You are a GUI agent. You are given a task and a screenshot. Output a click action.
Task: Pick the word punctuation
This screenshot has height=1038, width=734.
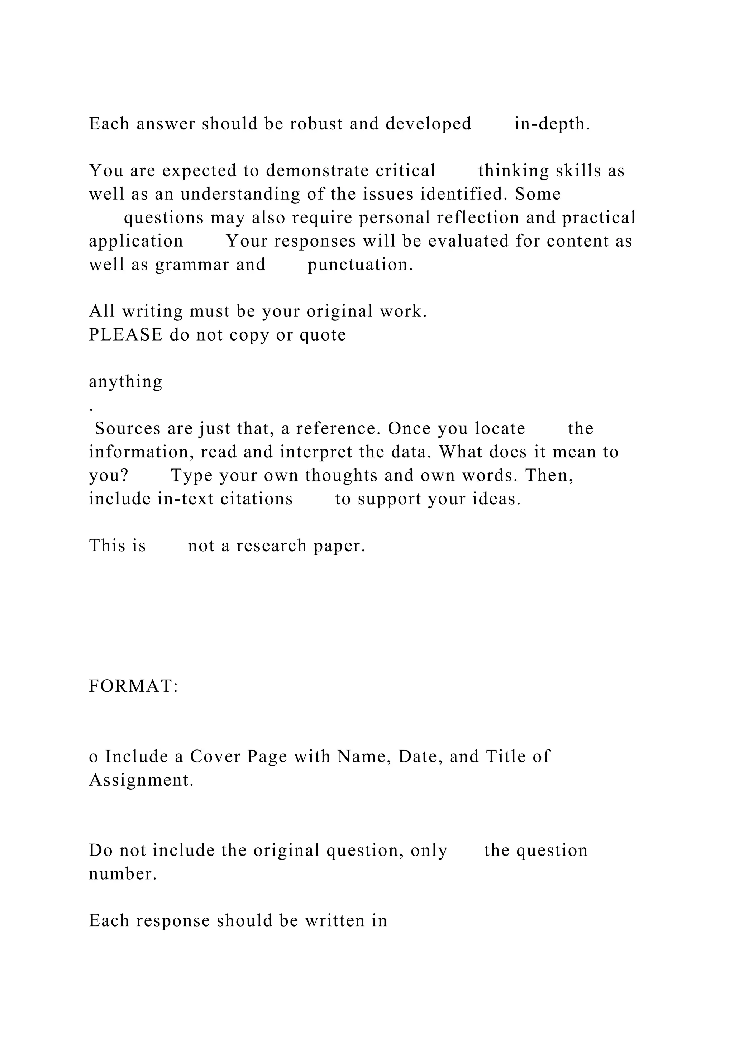click(360, 265)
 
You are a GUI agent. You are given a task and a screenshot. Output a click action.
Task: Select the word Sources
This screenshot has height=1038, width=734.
click(128, 429)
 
